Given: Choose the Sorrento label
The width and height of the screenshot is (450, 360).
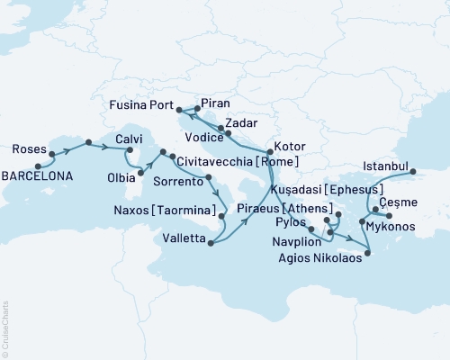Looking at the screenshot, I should (x=184, y=181).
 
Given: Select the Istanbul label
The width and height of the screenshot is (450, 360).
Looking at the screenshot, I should (x=386, y=166).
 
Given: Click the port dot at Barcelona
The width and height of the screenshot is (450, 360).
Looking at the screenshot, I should (x=38, y=166).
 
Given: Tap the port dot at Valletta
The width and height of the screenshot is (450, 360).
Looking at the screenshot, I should (x=210, y=241).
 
